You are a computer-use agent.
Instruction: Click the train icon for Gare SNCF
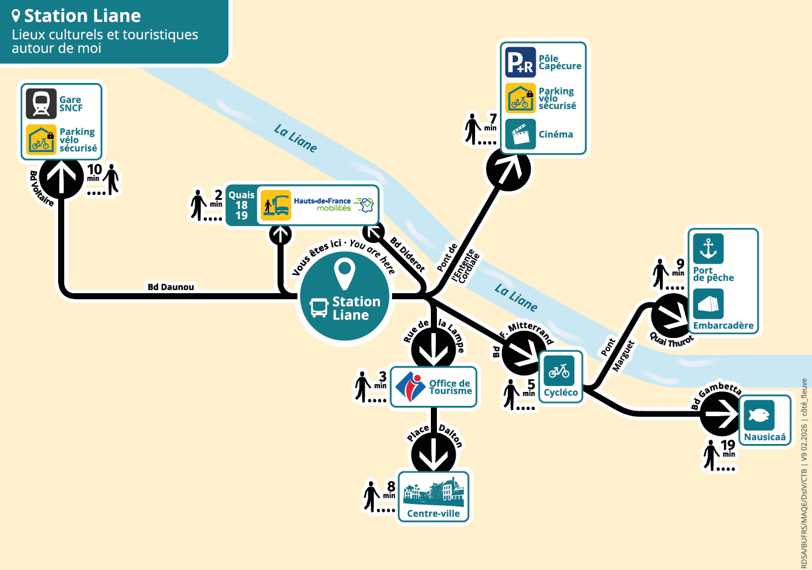click(41, 104)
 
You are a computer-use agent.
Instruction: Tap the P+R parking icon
click(520, 62)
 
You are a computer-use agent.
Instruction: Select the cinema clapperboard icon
click(520, 134)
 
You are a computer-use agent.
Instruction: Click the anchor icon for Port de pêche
click(708, 248)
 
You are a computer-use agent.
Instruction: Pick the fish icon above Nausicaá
click(759, 416)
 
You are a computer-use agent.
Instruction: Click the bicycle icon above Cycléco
click(559, 371)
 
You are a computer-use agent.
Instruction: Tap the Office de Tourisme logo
click(410, 387)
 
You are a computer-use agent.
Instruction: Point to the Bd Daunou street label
click(171, 287)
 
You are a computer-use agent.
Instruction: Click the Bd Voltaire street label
click(41, 189)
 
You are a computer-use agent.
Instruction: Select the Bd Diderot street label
click(407, 255)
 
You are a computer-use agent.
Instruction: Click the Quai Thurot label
click(671, 340)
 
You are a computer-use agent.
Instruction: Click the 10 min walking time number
click(95, 169)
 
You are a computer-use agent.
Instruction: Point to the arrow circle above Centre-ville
click(433, 454)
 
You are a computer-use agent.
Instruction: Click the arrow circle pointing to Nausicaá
click(722, 414)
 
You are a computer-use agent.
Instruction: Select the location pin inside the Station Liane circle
click(344, 274)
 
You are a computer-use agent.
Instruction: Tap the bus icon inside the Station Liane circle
click(319, 308)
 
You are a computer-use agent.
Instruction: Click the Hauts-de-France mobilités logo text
click(322, 204)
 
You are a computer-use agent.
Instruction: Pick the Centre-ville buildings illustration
click(433, 492)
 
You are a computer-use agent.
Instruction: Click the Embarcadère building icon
click(708, 304)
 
